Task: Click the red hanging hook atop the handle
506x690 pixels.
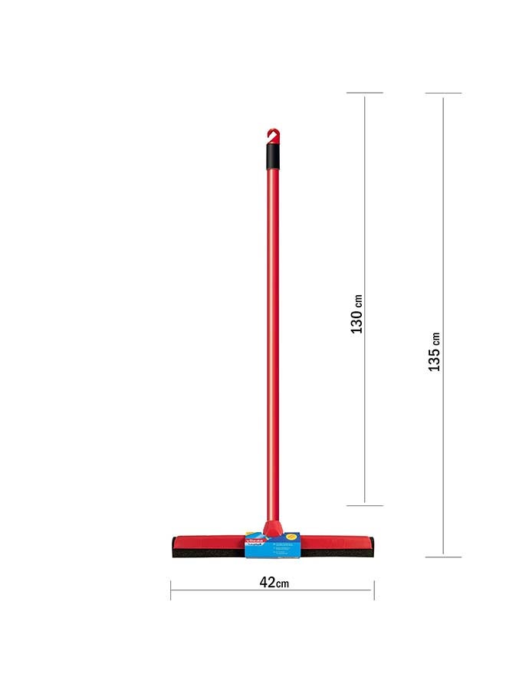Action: (273, 136)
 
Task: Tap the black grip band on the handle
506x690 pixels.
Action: (273, 156)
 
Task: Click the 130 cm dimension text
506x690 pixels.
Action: (356, 314)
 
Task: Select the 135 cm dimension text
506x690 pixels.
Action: (434, 352)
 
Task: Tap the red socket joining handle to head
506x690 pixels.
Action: (271, 528)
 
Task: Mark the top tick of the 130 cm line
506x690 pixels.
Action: (364, 93)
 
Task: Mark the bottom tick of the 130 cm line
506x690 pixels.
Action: (364, 505)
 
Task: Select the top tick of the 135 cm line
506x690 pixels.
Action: (443, 94)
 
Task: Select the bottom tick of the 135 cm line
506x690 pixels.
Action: (443, 557)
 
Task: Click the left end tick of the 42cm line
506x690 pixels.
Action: (171, 590)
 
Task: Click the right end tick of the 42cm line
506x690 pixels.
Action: (374, 590)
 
